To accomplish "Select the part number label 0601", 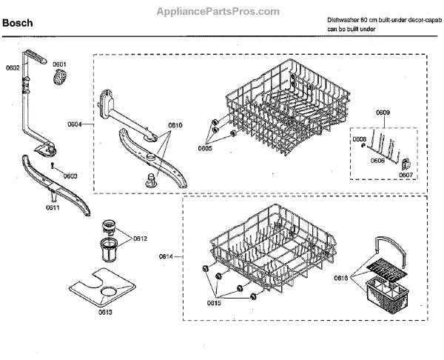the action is pyautogui.click(x=59, y=64).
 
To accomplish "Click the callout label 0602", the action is pyautogui.click(x=13, y=68).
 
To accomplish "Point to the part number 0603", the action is pyautogui.click(x=70, y=176).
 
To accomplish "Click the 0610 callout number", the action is pyautogui.click(x=175, y=126).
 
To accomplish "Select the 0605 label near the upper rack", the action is pyautogui.click(x=205, y=148).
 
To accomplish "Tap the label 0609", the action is pyautogui.click(x=383, y=113).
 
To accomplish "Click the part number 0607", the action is pyautogui.click(x=406, y=176).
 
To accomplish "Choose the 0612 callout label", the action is pyautogui.click(x=140, y=239).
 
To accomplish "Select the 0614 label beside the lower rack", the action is pyautogui.click(x=166, y=256).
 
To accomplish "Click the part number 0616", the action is pyautogui.click(x=340, y=278).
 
